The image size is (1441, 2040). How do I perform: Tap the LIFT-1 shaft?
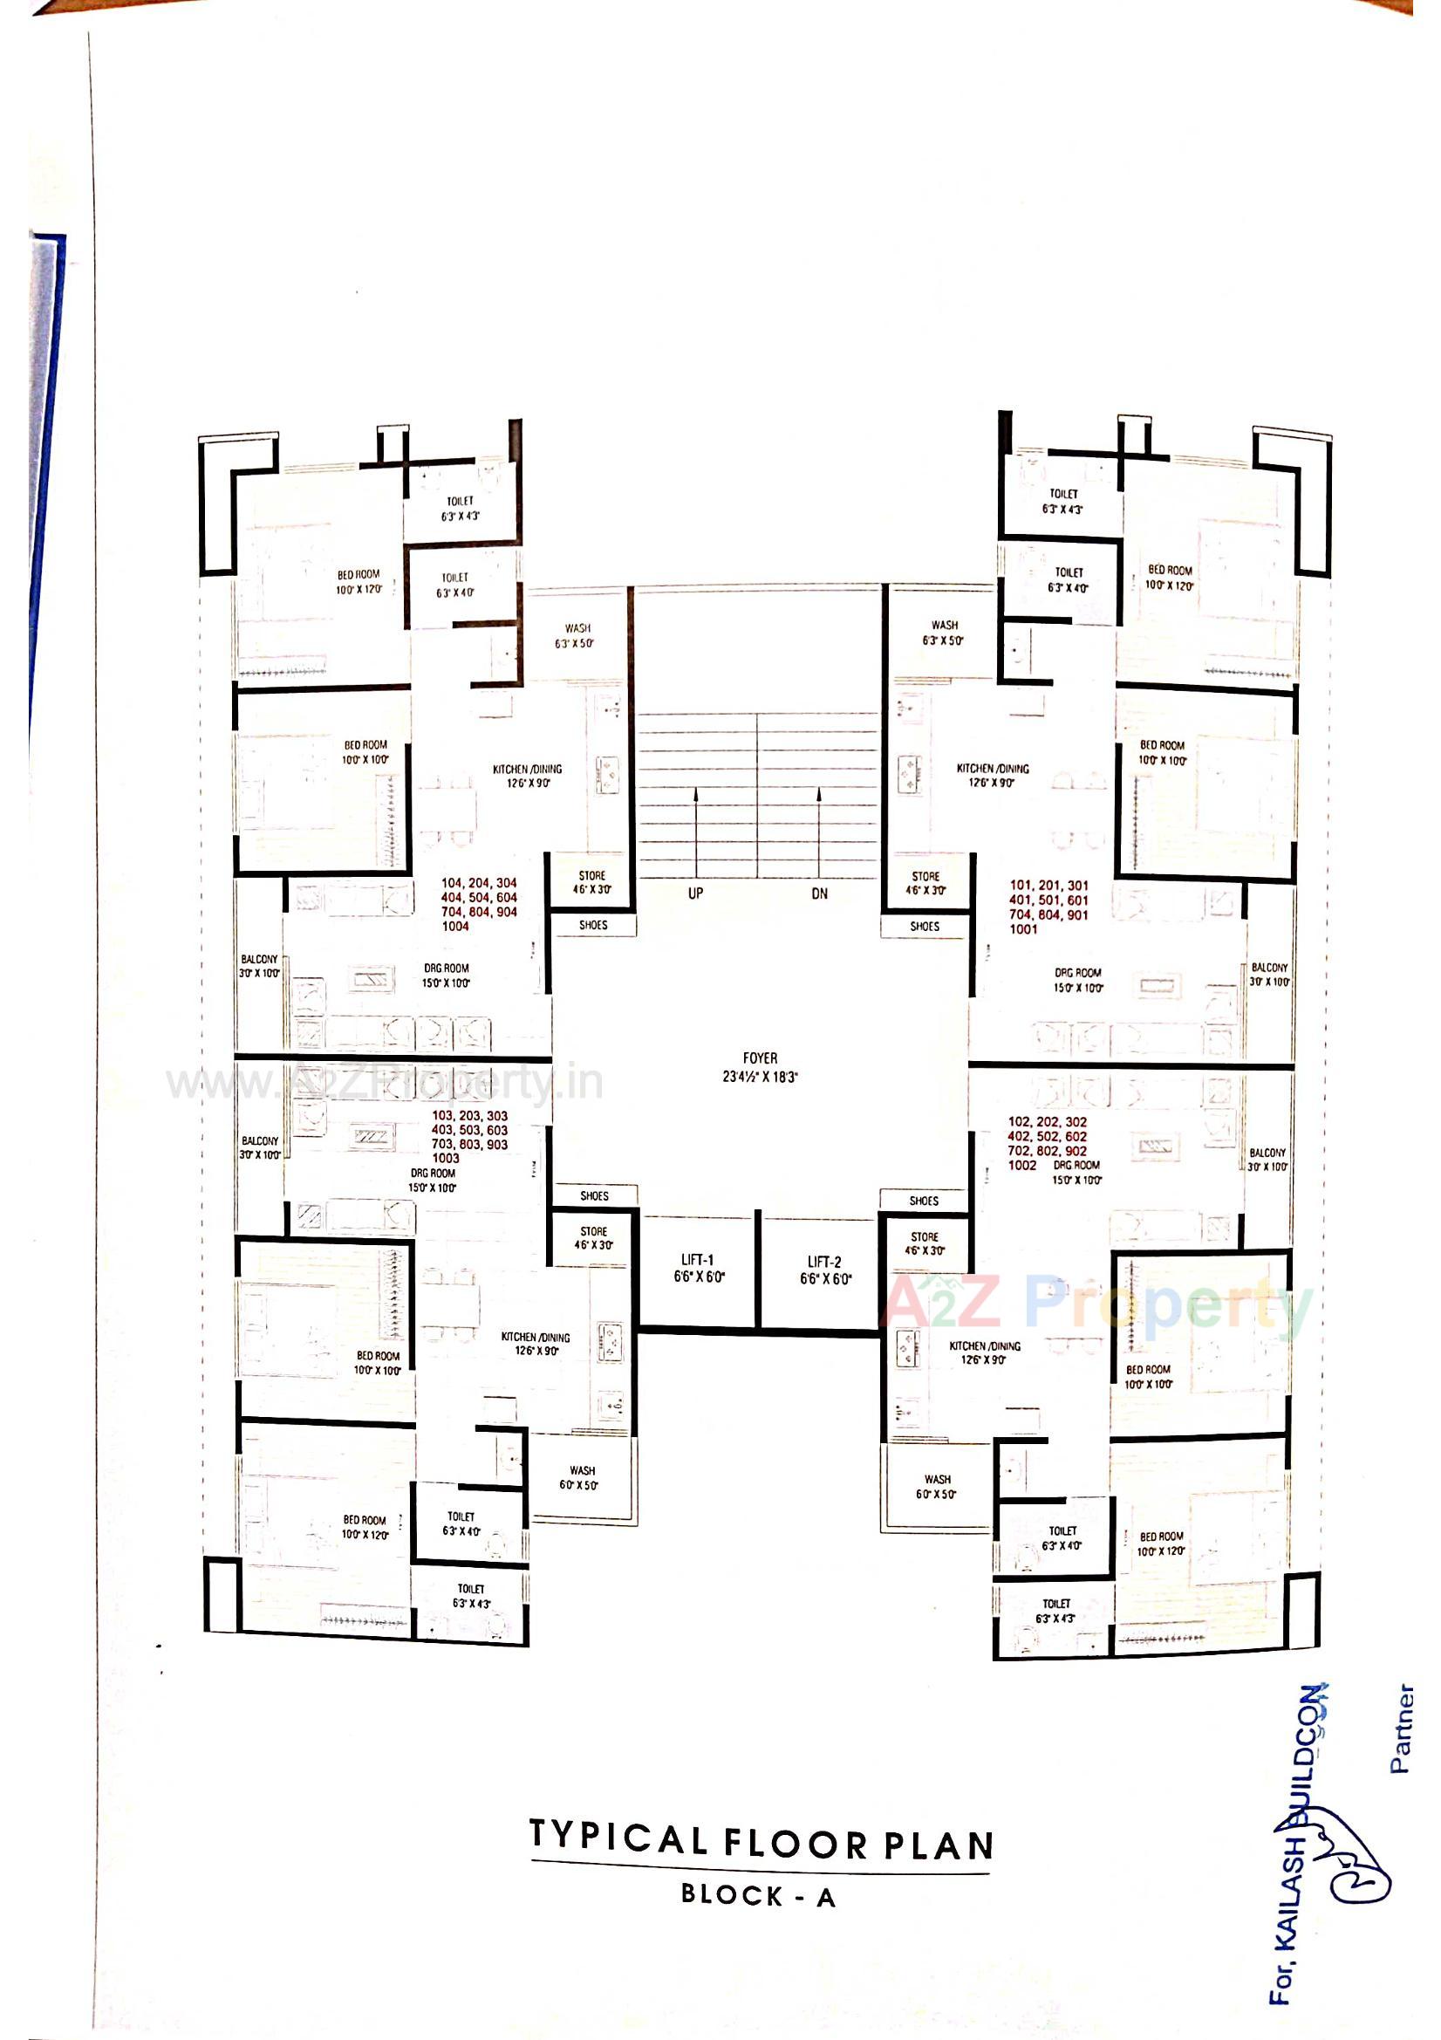[699, 1269]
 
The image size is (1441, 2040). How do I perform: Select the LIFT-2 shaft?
[824, 1270]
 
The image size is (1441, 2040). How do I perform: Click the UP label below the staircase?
[694, 893]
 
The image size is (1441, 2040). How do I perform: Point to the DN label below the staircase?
[819, 893]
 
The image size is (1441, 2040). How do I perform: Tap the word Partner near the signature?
[1401, 1729]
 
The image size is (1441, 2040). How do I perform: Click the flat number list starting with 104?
[479, 905]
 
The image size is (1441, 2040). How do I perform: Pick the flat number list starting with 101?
[1048, 907]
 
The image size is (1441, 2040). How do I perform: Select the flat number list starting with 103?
[469, 1136]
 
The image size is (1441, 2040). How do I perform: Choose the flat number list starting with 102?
[1047, 1144]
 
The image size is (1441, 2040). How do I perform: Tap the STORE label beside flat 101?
[925, 882]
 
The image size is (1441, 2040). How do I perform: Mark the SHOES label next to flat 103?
[593, 1195]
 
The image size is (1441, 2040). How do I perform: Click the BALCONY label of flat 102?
[1267, 1160]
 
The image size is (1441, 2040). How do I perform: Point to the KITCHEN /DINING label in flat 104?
[527, 776]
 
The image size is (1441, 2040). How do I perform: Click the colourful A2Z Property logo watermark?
[1097, 1306]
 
